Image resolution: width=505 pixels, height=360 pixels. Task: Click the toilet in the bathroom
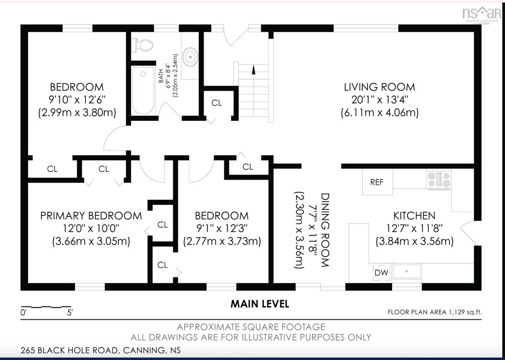[142, 45]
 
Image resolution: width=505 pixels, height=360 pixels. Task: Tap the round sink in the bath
[190, 57]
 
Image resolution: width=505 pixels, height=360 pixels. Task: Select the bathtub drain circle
[143, 74]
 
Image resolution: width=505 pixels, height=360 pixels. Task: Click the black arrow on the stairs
[254, 70]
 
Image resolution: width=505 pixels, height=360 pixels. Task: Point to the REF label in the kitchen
[377, 182]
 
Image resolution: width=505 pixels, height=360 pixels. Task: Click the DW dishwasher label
[381, 273]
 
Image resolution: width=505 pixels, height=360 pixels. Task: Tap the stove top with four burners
[439, 179]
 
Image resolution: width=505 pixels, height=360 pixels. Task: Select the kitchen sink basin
[407, 271]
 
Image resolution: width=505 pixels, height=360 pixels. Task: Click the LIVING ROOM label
[380, 87]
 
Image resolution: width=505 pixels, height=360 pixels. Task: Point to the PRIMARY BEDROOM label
[91, 216]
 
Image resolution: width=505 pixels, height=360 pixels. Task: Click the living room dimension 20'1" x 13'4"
[380, 100]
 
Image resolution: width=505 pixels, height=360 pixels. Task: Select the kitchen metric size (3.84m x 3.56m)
[415, 241]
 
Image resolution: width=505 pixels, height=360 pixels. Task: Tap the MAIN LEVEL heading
[260, 304]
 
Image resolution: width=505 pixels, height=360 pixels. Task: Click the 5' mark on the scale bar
[70, 313]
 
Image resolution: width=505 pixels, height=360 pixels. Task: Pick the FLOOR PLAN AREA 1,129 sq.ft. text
[435, 312]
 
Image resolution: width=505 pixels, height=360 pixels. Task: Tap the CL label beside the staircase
[216, 103]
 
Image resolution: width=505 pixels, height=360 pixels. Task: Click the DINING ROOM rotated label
[325, 230]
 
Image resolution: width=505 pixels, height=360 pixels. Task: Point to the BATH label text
[161, 76]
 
